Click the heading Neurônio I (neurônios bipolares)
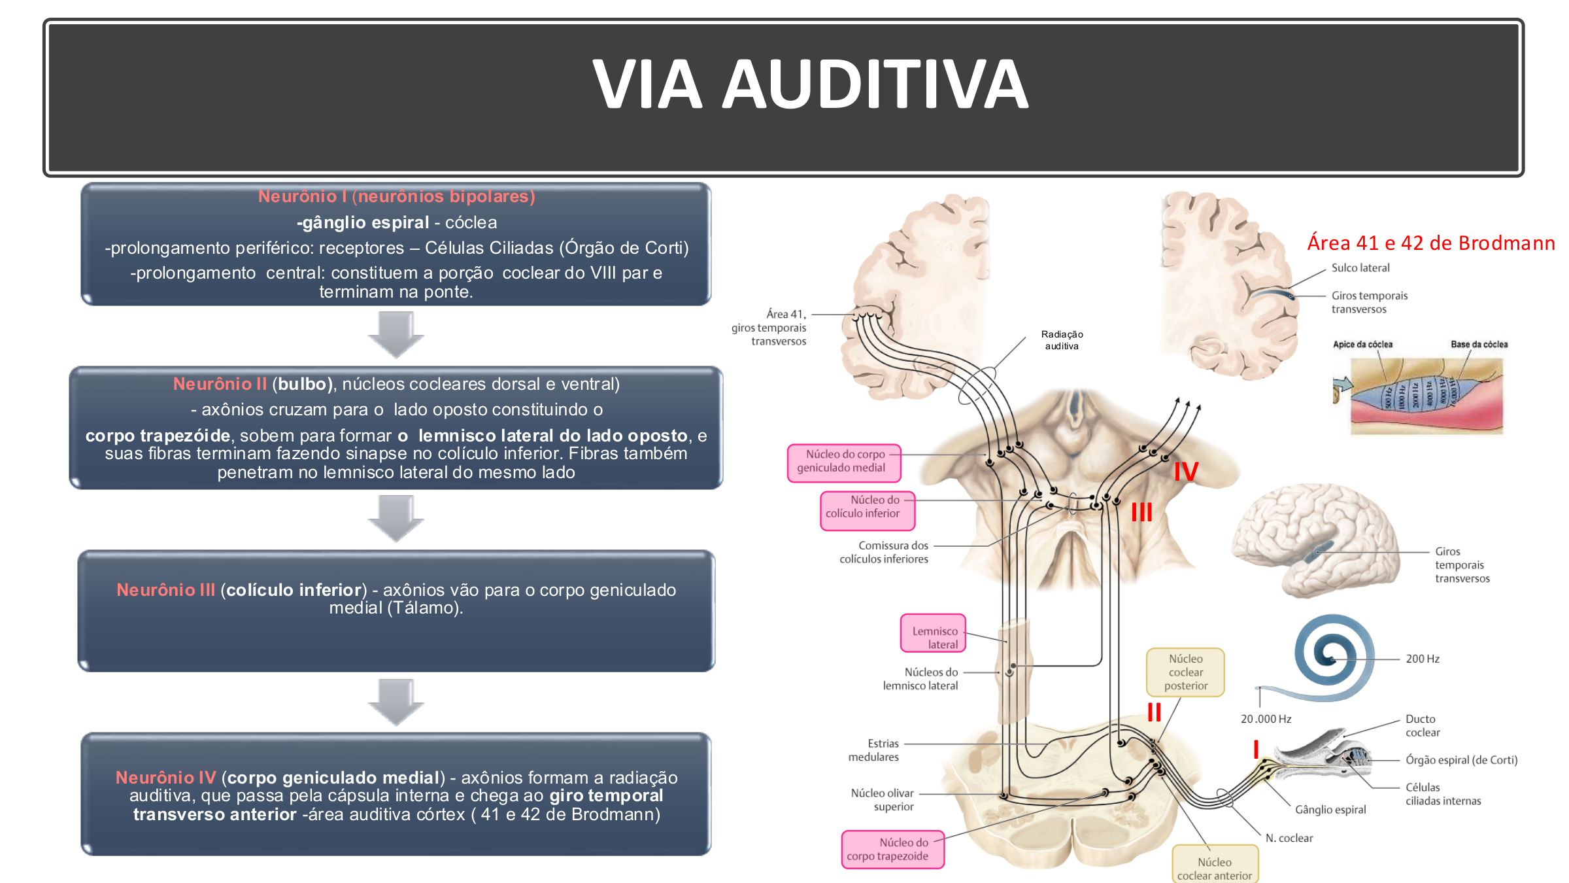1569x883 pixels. coord(396,196)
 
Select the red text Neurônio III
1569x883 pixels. coord(165,590)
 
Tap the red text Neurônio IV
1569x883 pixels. coord(165,778)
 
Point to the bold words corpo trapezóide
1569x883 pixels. coord(158,436)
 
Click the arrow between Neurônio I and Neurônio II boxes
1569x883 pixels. coord(396,334)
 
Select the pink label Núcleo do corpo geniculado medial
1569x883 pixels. coord(843,462)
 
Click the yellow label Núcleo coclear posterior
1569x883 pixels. coord(1185,672)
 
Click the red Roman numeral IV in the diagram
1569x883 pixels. coord(1185,472)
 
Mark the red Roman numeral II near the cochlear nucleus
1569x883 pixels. coord(1154,712)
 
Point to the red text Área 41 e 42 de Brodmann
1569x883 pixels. coord(1430,243)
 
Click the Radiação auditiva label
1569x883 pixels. coord(1062,340)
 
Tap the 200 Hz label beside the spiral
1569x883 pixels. coord(1423,659)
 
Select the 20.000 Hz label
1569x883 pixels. coord(1266,719)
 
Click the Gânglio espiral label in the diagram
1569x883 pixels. coord(1330,810)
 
